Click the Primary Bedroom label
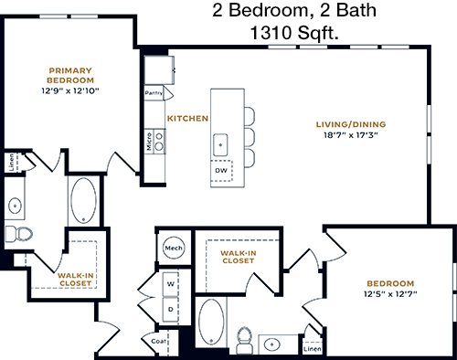coord(70,76)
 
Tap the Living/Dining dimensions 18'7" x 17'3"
coord(351,135)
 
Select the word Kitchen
coord(187,118)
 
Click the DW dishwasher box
coord(221,171)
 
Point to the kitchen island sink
coord(220,144)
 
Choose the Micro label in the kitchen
coord(149,142)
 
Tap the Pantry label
coord(154,93)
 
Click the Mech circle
coord(174,248)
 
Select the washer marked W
coord(170,284)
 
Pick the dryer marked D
coord(170,310)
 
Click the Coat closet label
coord(159,341)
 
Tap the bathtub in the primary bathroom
coord(83,201)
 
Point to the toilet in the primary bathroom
coord(19,234)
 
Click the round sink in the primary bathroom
coord(15,206)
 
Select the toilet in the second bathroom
coord(245,340)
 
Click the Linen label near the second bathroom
coord(313,349)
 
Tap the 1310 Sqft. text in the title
coord(294,33)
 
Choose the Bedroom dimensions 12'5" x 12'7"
coord(390,294)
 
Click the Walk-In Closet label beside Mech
coord(239,257)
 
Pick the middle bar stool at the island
coord(250,139)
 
